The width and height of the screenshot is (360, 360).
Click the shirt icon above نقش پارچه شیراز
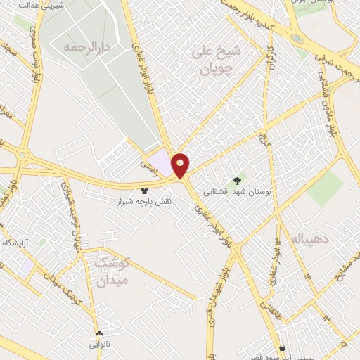point(144,191)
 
